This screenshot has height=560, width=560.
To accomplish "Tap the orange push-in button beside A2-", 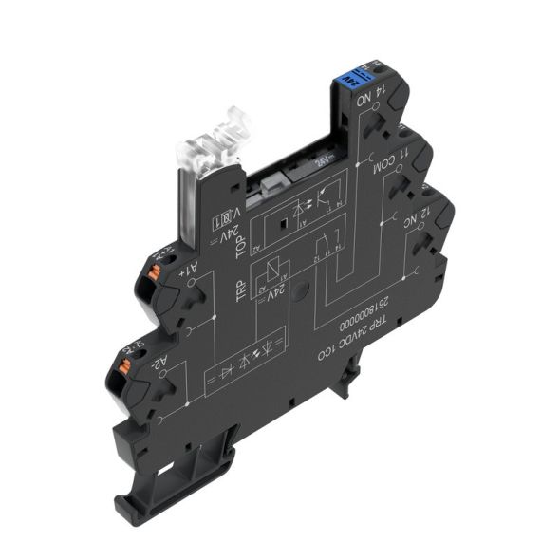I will pyautogui.click(x=126, y=360).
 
